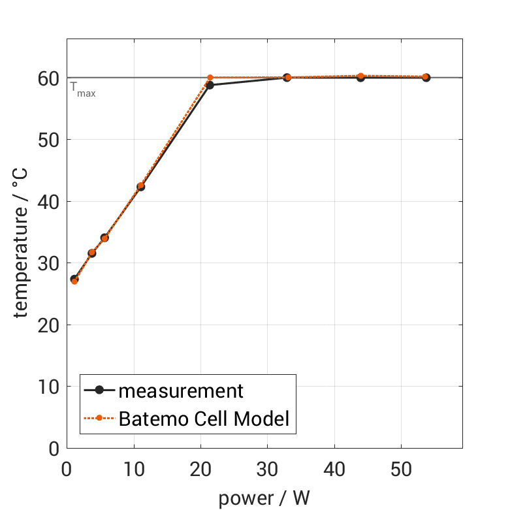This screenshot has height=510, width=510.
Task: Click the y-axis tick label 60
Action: point(47,78)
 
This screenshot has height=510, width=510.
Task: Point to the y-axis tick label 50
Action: point(47,140)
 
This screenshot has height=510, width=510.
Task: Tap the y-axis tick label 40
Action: point(47,202)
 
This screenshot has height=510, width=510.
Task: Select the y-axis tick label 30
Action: point(47,263)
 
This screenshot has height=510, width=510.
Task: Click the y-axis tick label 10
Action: point(47,387)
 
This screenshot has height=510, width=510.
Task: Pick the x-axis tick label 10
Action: point(133,470)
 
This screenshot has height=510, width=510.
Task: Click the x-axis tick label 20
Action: point(200,470)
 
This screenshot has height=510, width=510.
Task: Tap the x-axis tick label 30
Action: point(267,470)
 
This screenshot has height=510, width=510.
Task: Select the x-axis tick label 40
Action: point(334,470)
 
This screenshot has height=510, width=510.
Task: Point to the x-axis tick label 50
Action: point(401,470)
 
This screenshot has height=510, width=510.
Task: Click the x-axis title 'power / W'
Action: point(264,498)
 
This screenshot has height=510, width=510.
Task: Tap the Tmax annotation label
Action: point(83,88)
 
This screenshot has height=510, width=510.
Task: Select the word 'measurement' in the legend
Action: point(181,391)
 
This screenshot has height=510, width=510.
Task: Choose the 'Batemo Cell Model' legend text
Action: point(204,418)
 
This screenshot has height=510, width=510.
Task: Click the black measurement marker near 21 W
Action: point(210,85)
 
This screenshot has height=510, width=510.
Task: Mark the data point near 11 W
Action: point(140,187)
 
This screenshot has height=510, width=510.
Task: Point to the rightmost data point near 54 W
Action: point(426,77)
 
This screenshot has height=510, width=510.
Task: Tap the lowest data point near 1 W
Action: point(74,279)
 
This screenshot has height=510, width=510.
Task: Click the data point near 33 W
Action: point(287,78)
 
